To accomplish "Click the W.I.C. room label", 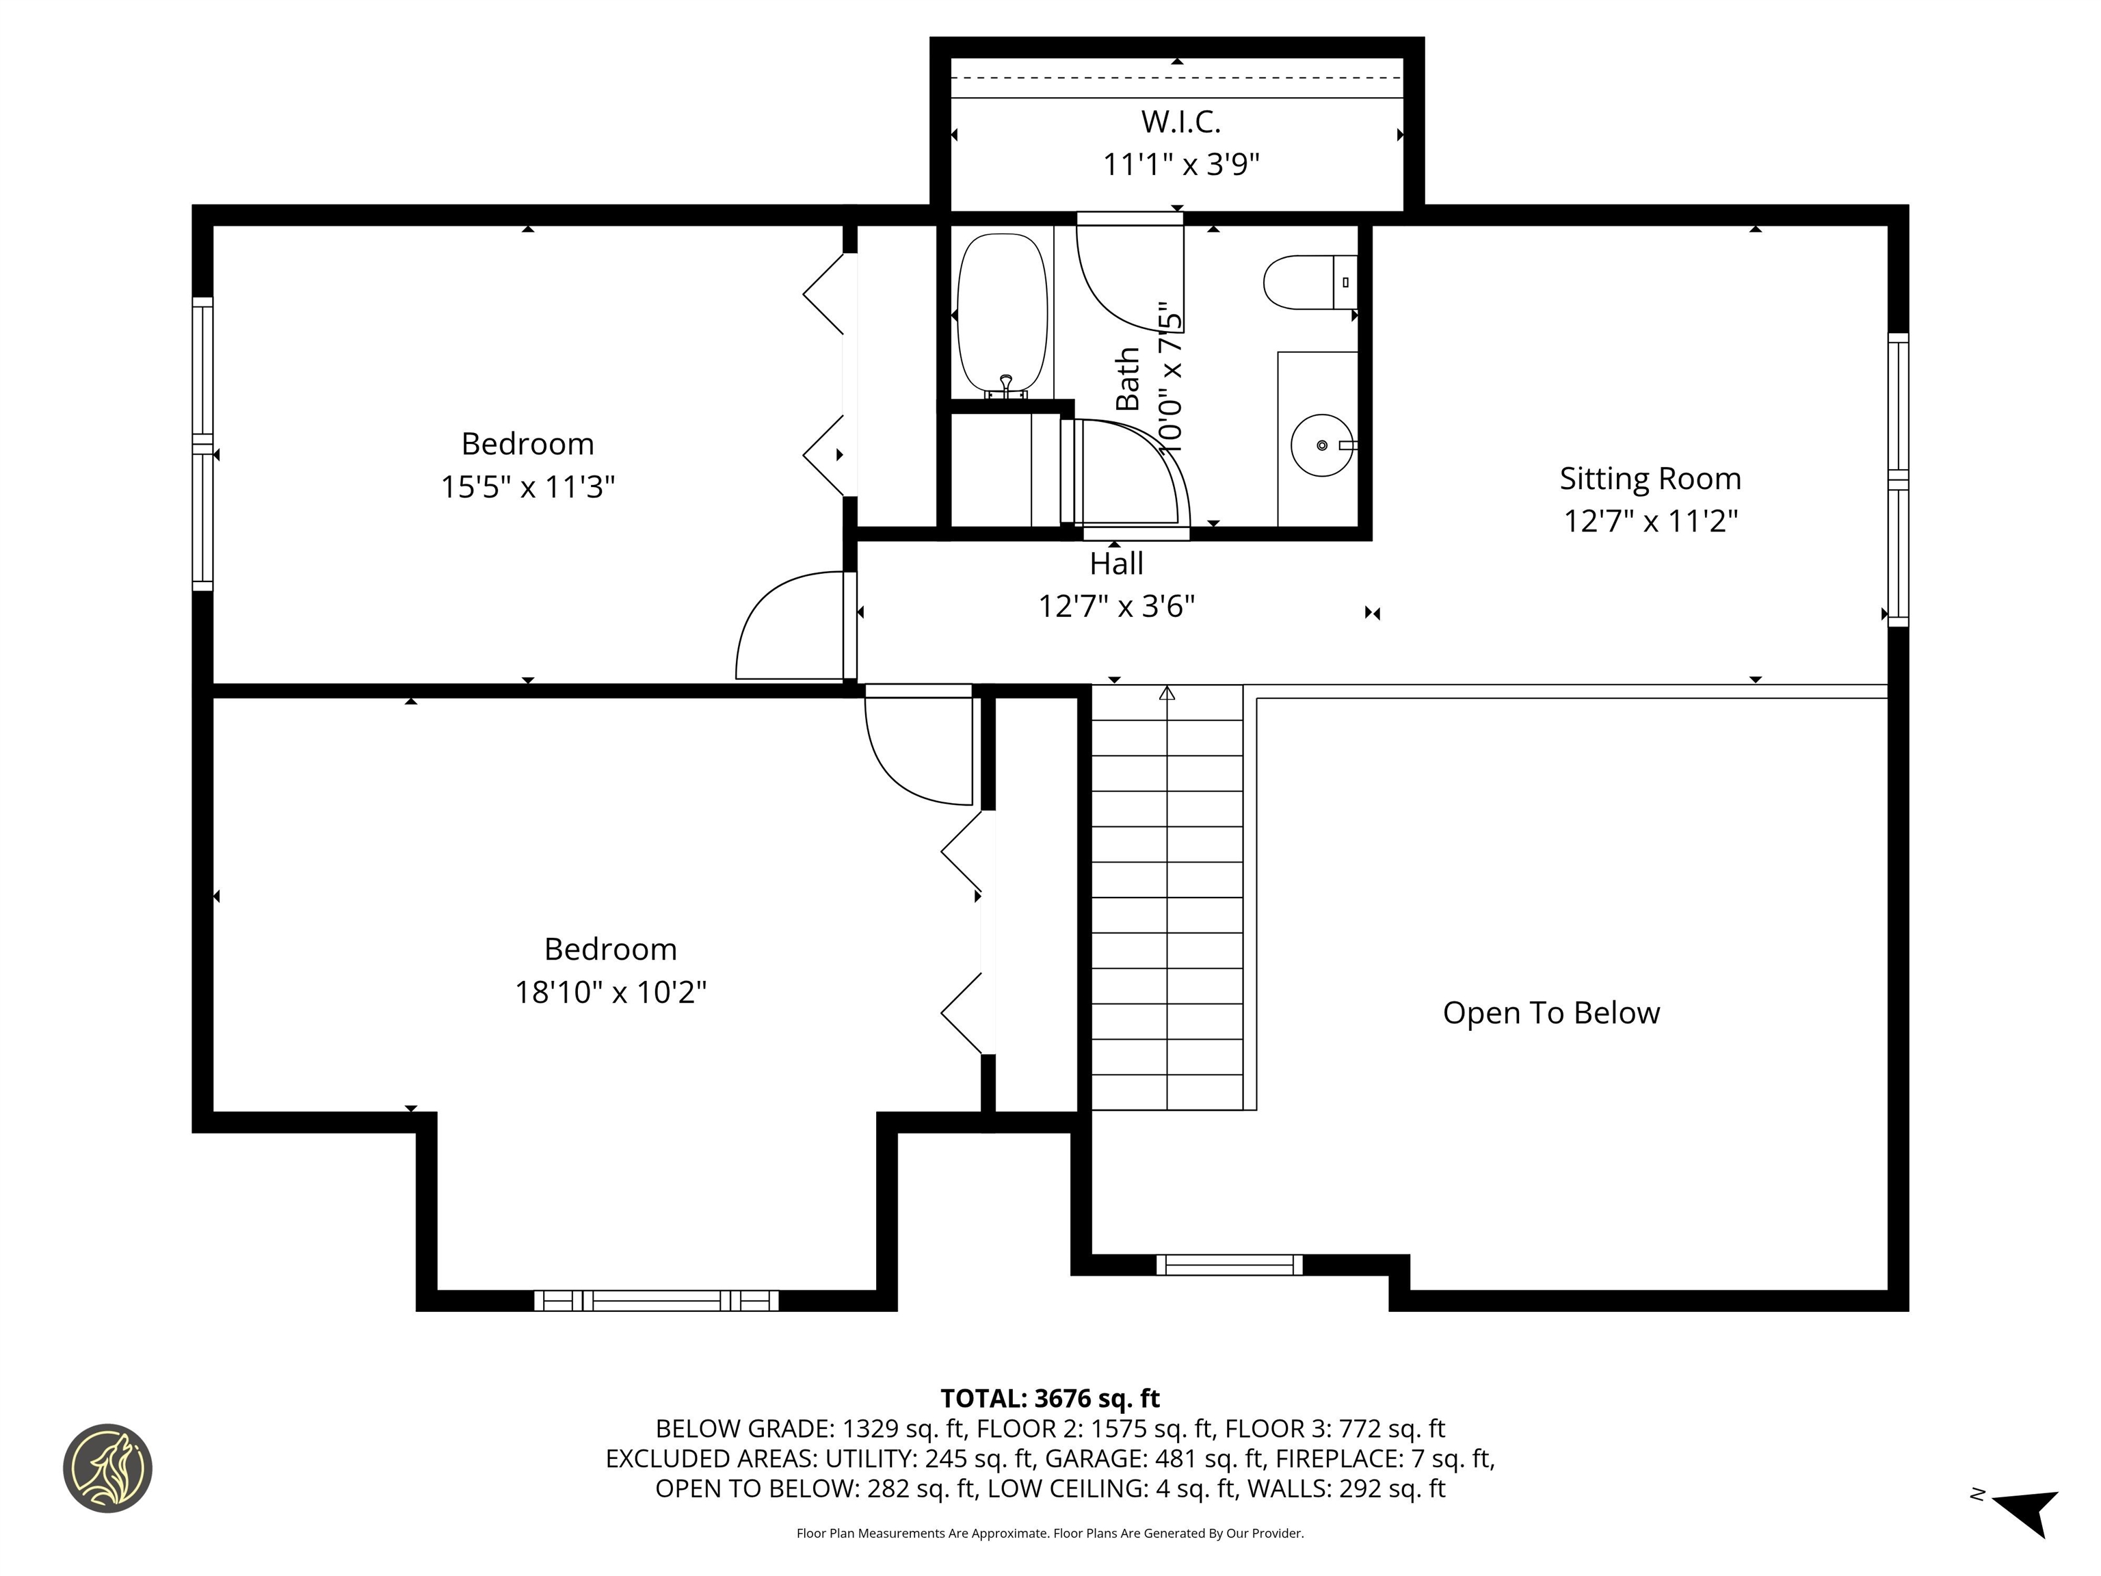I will (x=1180, y=122).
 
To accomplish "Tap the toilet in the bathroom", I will (x=1306, y=282).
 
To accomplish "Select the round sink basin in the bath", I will (x=1321, y=445).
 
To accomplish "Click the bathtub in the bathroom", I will (x=1001, y=315).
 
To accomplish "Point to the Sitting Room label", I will (x=1650, y=478).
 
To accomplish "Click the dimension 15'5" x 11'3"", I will (x=527, y=487).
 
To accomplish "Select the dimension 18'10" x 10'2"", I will (x=611, y=993).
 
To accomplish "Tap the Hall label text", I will (x=1116, y=564).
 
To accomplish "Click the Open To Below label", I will (x=1551, y=1012).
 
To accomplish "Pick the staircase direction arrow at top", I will (x=1166, y=694).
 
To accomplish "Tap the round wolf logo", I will (x=107, y=1468).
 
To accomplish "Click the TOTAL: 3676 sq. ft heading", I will (x=1050, y=1398).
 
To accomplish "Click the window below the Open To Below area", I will (x=1229, y=1264).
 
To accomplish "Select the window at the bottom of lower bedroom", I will (x=655, y=1300).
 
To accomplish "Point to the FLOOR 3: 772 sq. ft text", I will (x=1334, y=1429).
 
